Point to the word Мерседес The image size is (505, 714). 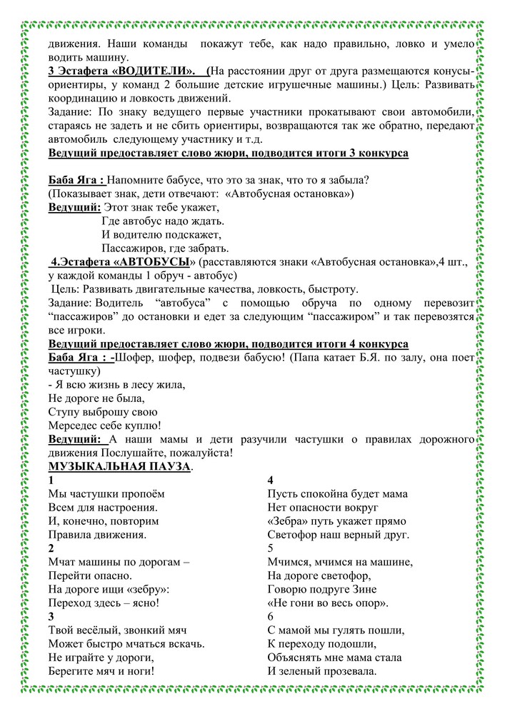[x=74, y=426]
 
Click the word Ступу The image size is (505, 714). [x=63, y=412]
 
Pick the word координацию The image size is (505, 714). [x=81, y=99]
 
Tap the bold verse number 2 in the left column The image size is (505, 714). [x=51, y=548]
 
